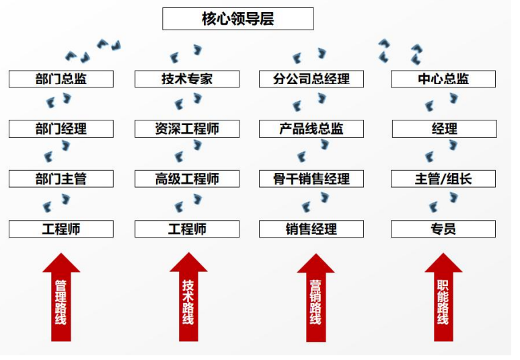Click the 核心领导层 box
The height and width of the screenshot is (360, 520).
click(x=237, y=19)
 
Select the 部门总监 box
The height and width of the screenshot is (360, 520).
click(x=61, y=79)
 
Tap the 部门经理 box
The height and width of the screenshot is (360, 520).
click(x=61, y=129)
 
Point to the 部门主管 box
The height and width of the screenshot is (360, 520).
click(x=61, y=179)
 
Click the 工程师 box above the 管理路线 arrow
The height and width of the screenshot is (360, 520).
click(x=61, y=229)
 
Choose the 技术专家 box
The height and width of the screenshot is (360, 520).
click(x=187, y=79)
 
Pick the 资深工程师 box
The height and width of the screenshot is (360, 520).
click(x=187, y=129)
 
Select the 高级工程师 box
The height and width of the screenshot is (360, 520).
click(x=187, y=179)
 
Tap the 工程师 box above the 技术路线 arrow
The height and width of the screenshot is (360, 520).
click(x=187, y=229)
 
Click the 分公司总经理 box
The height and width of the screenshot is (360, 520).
click(x=311, y=79)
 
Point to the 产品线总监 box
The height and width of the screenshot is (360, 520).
click(x=311, y=129)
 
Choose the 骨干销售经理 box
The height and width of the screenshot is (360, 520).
click(x=311, y=179)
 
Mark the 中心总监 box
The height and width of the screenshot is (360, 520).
click(x=443, y=79)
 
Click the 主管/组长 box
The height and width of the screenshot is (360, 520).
click(x=443, y=179)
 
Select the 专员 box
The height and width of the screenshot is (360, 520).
click(x=443, y=229)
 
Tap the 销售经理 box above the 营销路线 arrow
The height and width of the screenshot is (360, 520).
click(x=311, y=229)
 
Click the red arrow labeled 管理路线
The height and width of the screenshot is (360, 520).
click(x=61, y=299)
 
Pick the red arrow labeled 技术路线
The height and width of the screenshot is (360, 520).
click(x=188, y=299)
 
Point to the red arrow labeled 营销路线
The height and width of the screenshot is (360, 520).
click(x=315, y=299)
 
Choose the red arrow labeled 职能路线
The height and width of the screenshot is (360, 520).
click(x=443, y=299)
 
